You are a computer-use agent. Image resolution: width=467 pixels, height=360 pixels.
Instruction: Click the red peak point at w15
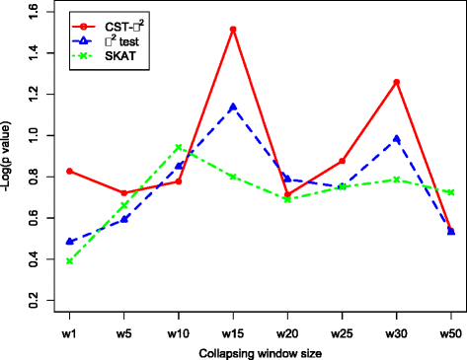[x=233, y=30]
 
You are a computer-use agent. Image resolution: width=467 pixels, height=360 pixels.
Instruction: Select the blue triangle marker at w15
[x=233, y=107]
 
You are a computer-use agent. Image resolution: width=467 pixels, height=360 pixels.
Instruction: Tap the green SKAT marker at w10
[x=178, y=148]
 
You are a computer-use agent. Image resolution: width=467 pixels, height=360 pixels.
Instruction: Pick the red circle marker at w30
[x=396, y=82]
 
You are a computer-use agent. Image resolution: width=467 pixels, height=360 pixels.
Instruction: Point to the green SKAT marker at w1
[x=70, y=261]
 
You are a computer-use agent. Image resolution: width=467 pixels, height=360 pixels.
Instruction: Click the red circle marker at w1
[x=70, y=171]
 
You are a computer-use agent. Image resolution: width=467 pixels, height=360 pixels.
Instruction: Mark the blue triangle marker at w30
[x=396, y=139]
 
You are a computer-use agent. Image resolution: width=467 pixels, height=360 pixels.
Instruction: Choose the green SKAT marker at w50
[x=450, y=192]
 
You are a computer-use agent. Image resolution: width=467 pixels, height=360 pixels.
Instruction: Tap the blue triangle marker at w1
[x=70, y=241]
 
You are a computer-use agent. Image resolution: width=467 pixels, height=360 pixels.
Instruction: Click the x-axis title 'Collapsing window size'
[x=260, y=352]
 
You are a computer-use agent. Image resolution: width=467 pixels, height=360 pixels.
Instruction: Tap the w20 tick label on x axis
[x=287, y=332]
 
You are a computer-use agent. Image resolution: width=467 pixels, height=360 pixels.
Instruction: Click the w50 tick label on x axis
[x=450, y=332]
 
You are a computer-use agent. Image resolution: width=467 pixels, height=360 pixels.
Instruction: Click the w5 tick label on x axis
[x=124, y=332]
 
